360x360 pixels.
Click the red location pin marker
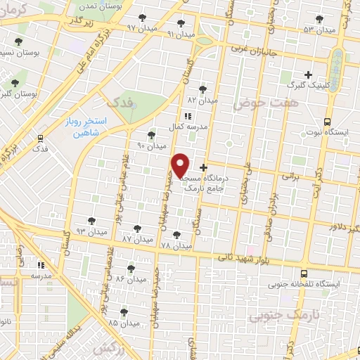click(x=181, y=165)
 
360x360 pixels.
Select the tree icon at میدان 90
click(x=152, y=134)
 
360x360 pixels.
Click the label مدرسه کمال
click(x=186, y=127)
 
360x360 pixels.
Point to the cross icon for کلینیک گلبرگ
click(x=307, y=74)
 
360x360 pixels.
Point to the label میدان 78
click(x=176, y=246)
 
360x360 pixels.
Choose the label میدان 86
click(x=129, y=279)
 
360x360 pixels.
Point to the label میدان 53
click(x=320, y=30)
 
